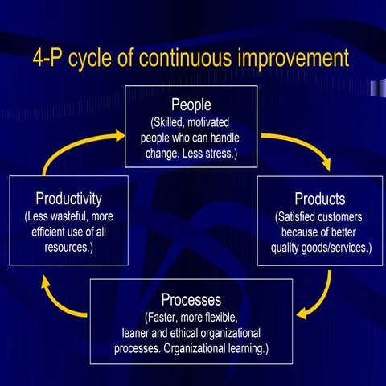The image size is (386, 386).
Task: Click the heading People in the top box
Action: click(x=191, y=105)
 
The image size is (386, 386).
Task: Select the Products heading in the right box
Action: click(x=319, y=199)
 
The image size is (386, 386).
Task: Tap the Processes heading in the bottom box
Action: click(x=191, y=300)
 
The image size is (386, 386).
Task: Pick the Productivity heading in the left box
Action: click(x=68, y=198)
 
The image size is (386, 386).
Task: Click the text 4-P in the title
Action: click(x=51, y=59)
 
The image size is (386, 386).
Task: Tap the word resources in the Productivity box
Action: click(x=68, y=248)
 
